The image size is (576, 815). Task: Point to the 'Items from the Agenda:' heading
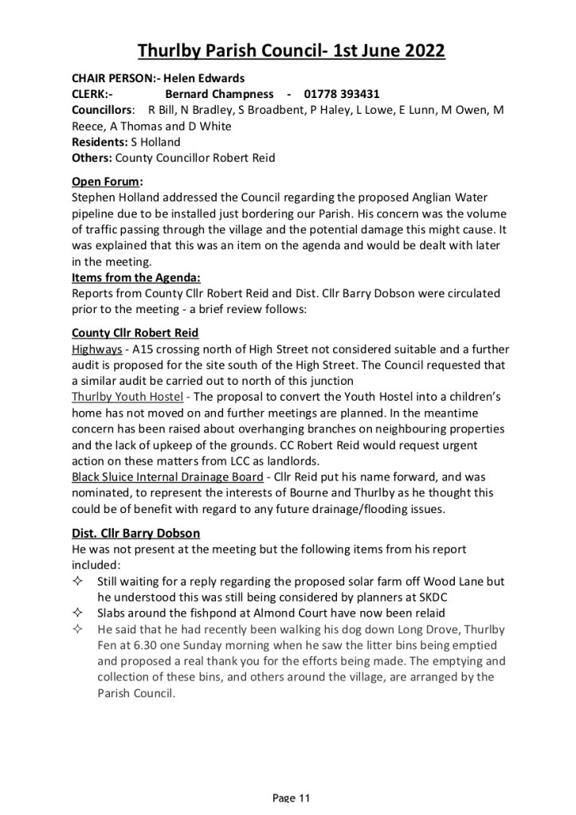pos(136,278)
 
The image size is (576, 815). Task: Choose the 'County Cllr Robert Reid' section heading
pos(135,332)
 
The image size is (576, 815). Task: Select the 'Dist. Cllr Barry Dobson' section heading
pos(135,533)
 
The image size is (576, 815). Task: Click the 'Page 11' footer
pos(291,797)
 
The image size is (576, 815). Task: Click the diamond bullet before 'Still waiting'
pos(78,582)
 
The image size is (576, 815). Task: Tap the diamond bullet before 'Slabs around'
pos(78,613)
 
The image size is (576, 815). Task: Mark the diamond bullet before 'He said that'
pos(78,629)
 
